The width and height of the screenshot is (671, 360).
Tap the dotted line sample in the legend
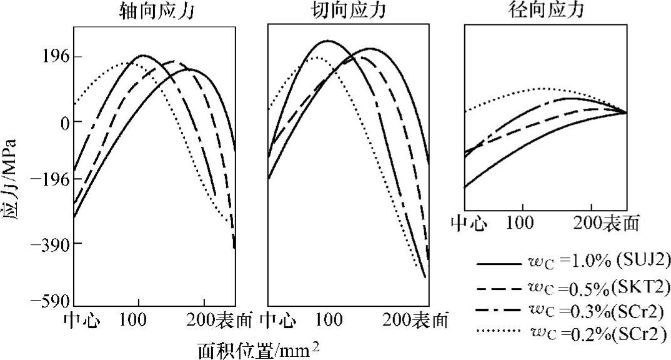(498, 331)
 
